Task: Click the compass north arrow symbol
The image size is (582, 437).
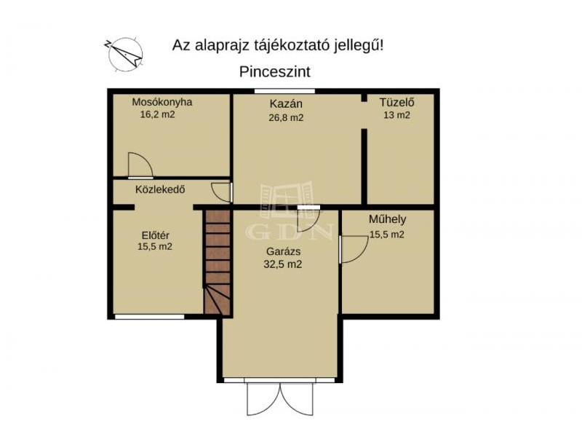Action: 125,54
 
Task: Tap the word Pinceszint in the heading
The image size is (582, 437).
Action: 275,71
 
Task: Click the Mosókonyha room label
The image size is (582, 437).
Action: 162,102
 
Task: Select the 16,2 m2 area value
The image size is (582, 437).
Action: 157,114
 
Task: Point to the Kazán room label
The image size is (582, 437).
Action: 286,103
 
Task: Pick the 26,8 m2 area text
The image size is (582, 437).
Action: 286,118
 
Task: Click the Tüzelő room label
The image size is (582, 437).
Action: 396,102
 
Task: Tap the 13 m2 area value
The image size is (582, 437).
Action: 396,115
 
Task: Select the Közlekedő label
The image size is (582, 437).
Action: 160,189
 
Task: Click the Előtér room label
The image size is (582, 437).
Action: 156,235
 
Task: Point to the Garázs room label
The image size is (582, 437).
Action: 283,251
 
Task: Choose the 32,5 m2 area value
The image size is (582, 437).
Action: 283,264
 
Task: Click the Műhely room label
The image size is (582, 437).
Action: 387,219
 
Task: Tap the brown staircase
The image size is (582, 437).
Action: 218,262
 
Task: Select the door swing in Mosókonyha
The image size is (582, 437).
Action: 140,165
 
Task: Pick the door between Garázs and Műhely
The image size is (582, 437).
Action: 354,249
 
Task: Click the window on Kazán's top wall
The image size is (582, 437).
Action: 284,91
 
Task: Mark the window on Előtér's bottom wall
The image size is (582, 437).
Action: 149,317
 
